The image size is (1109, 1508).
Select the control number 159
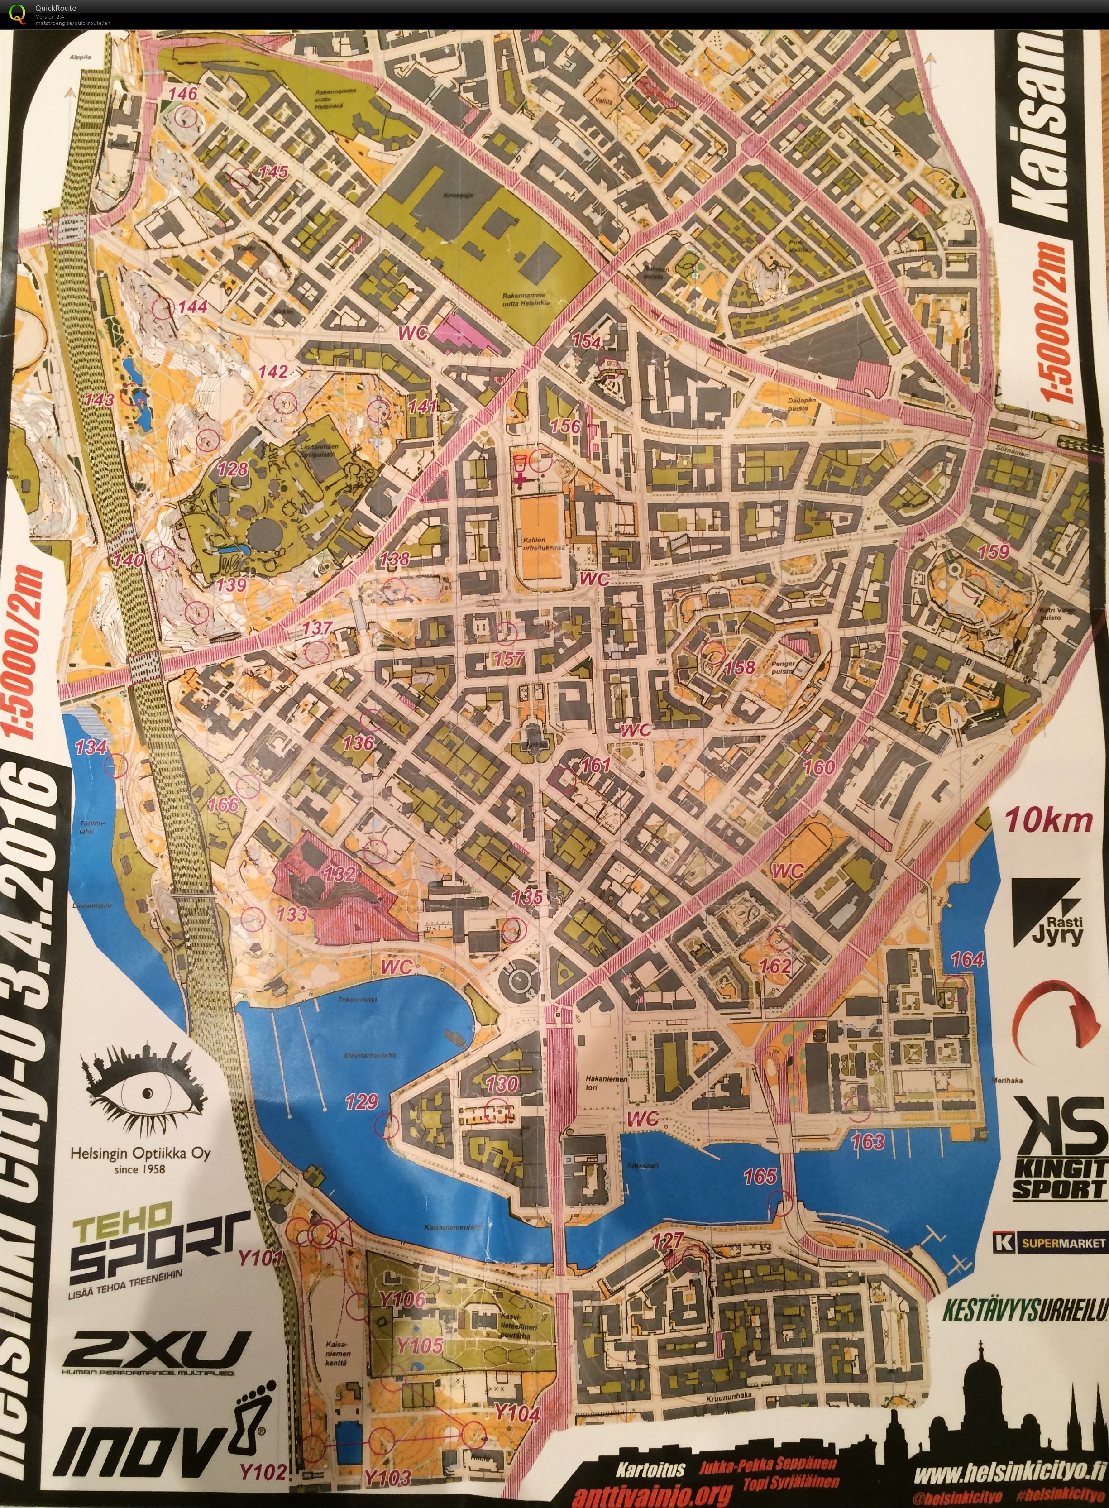(994, 551)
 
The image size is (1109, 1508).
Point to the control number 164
(967, 959)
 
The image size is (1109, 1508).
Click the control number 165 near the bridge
(760, 1176)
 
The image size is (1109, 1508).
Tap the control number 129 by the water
(362, 1101)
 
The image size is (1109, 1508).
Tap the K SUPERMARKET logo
(1050, 1224)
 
